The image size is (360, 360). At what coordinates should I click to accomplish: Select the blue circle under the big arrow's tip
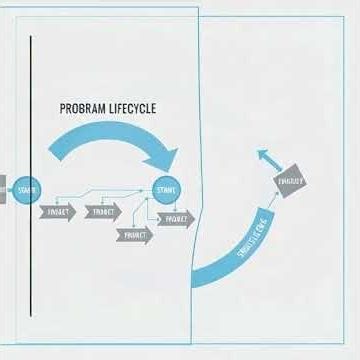(x=165, y=189)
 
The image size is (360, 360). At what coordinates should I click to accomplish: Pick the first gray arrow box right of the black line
(x=58, y=212)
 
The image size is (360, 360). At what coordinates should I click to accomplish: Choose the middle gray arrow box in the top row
(x=103, y=212)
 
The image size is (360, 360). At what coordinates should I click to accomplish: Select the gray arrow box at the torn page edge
(x=175, y=217)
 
